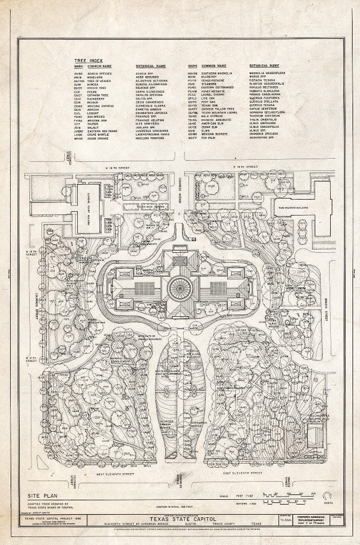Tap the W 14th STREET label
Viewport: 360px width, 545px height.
tap(118, 168)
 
